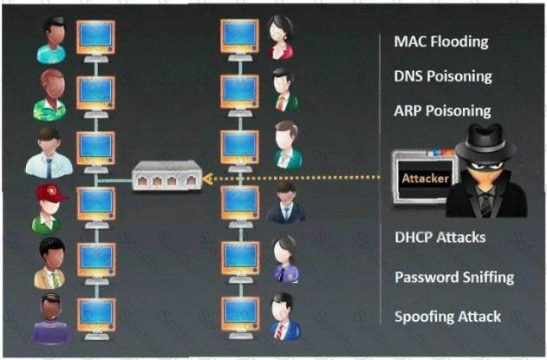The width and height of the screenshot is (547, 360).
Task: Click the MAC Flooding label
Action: point(440,42)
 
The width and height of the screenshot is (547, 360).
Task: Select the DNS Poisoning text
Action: point(442,76)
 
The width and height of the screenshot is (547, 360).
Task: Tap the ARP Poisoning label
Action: point(442,111)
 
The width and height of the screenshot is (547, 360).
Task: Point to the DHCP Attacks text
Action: point(440,236)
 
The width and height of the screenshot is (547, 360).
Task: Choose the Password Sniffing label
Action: point(454,277)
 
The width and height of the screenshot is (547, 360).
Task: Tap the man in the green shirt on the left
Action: point(49,94)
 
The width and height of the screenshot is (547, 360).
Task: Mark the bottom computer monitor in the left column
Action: point(94,311)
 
